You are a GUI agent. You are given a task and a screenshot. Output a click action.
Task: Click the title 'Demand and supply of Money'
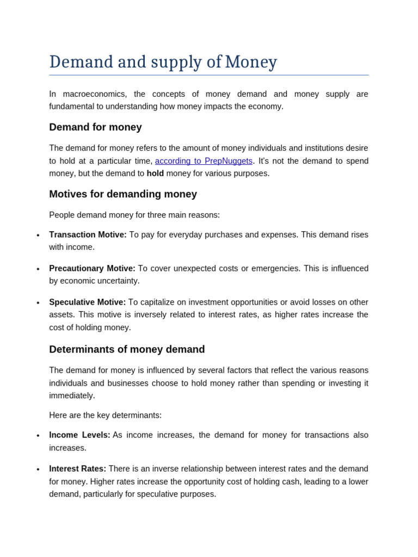(163, 62)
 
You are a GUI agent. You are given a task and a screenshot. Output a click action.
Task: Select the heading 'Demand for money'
(95, 127)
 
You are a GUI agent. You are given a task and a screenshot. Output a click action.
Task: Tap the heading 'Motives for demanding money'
(123, 194)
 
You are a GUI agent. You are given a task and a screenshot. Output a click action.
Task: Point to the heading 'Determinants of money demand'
(127, 349)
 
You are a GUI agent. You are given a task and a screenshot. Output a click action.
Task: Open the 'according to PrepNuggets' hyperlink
(204, 161)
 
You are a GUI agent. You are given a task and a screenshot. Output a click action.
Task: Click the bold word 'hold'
(155, 174)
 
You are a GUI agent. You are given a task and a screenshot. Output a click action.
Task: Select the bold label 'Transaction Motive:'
(88, 234)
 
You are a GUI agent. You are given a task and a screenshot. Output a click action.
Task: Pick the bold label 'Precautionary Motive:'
(92, 268)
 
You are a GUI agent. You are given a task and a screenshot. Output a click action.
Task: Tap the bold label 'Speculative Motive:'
(87, 302)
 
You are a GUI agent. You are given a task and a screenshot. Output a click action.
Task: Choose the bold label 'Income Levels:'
(79, 435)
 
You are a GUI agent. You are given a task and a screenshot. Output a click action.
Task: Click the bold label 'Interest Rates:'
(77, 469)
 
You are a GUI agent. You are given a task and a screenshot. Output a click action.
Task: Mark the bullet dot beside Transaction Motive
(38, 236)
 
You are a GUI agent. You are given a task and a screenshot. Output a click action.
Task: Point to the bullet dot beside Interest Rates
(38, 469)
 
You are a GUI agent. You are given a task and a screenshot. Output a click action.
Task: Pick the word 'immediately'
(72, 395)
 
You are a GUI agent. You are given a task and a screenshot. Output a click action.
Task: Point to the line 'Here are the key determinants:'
(105, 415)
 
